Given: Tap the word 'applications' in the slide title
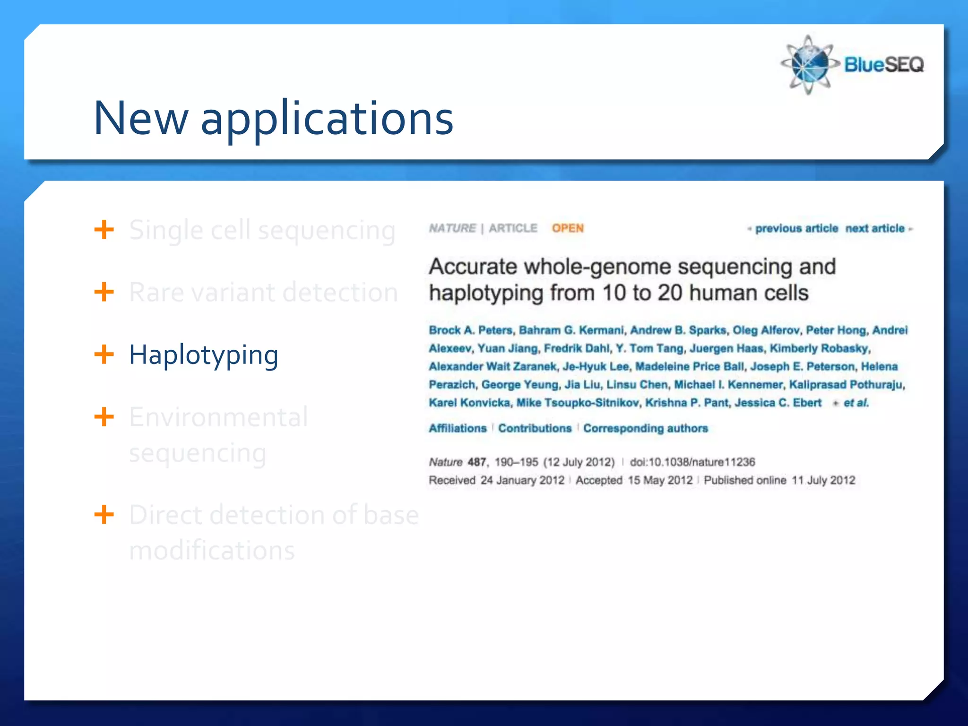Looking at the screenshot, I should (327, 119).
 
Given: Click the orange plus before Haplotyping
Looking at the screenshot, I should (104, 354).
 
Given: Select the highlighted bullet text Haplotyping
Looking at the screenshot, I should (203, 355).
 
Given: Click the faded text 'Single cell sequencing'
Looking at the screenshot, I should (262, 231).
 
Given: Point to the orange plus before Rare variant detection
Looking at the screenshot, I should (104, 292).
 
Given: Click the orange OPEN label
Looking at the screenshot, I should (568, 228).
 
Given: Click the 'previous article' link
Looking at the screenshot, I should (796, 229).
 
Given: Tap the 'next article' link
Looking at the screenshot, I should (875, 229).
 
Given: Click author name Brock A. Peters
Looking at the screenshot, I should (470, 330).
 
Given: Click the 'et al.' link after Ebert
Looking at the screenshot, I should (856, 403).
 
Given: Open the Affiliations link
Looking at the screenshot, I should (458, 428).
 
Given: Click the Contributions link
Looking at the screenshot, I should (535, 428).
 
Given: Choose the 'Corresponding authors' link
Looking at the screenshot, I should (645, 428).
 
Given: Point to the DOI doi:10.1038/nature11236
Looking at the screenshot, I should (692, 462).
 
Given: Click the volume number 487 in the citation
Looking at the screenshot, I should (476, 462).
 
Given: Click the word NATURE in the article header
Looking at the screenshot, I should (452, 228).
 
